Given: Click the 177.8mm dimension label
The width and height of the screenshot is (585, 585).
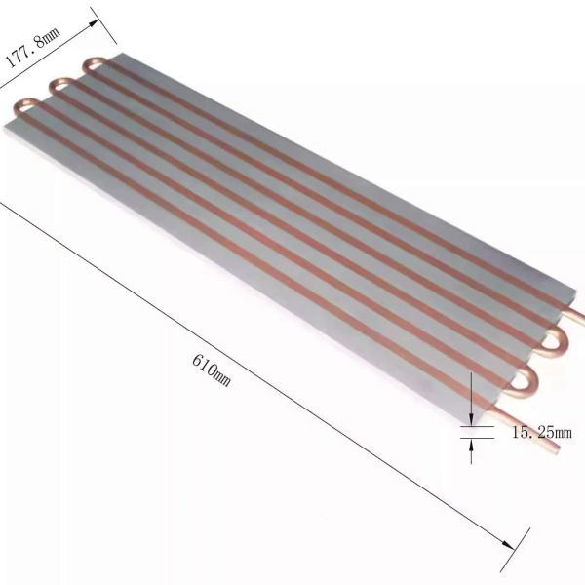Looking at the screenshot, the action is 32,48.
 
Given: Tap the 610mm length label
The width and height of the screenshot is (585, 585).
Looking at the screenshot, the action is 212,370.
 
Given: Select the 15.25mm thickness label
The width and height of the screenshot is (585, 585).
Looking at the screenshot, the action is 541,432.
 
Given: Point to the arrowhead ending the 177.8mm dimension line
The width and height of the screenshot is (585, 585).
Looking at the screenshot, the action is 94,22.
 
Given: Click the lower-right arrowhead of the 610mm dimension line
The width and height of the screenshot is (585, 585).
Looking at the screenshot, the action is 508,545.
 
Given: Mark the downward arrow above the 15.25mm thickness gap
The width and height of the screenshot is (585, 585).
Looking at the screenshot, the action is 471,399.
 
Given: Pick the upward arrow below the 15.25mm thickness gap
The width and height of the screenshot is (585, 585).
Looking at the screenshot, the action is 471,451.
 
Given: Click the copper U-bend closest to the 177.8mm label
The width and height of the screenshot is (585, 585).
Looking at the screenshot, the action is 94,64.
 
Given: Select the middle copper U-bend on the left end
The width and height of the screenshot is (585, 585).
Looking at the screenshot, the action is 60,85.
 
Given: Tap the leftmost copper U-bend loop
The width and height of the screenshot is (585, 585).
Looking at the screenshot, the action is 25,106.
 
